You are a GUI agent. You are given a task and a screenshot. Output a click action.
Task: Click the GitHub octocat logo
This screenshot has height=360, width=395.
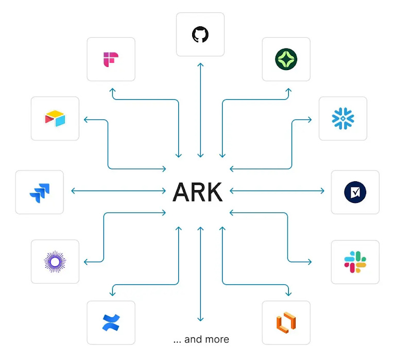pyautogui.click(x=200, y=35)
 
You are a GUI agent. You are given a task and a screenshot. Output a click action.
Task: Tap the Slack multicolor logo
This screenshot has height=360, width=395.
pyautogui.click(x=355, y=262)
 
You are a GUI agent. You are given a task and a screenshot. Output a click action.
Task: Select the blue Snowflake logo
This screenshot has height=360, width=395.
pyautogui.click(x=342, y=118)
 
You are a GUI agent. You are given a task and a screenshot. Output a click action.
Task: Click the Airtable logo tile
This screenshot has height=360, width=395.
pyautogui.click(x=55, y=118)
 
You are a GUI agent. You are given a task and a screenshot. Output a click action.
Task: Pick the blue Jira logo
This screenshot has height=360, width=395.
pyautogui.click(x=40, y=192)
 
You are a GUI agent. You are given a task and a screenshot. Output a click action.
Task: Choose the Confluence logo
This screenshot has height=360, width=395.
pyautogui.click(x=111, y=322)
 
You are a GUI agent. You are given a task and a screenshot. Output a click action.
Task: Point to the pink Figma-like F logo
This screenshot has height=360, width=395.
pyautogui.click(x=111, y=59)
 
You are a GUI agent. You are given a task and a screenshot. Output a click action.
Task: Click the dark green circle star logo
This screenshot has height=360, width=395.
pyautogui.click(x=286, y=59)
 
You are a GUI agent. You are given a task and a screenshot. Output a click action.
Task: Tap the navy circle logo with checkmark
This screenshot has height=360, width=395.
pyautogui.click(x=355, y=192)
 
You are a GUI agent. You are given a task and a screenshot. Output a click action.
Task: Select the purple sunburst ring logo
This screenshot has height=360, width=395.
pyautogui.click(x=55, y=262)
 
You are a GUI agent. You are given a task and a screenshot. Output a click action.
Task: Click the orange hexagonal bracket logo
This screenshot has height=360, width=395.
pyautogui.click(x=286, y=322)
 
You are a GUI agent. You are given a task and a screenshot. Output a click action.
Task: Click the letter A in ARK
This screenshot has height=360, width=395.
pyautogui.click(x=181, y=192)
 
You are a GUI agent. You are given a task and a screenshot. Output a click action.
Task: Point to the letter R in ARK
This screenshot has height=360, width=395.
pyautogui.click(x=198, y=192)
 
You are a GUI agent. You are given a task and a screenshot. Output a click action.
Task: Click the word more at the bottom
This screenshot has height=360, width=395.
pyautogui.click(x=216, y=339)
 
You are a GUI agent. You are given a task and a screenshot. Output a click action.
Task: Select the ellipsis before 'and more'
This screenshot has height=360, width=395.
pyautogui.click(x=177, y=340)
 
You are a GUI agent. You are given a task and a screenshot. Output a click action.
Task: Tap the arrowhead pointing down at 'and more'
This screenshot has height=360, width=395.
pyautogui.click(x=200, y=319)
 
